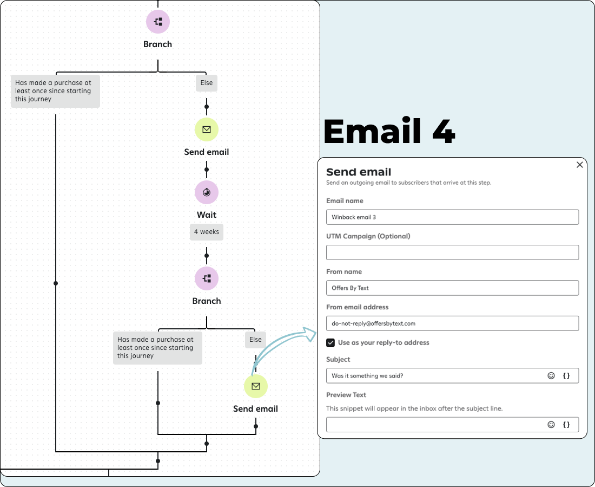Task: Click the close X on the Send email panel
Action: [580, 165]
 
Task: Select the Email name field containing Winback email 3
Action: [452, 217]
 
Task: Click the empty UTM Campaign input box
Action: [452, 252]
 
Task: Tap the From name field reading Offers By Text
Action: [452, 288]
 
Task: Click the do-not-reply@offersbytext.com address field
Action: [452, 323]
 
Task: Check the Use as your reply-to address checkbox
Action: [330, 343]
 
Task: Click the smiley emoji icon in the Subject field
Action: [551, 375]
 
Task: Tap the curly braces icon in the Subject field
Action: [566, 375]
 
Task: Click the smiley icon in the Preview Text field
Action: [551, 425]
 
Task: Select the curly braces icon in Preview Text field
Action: [566, 425]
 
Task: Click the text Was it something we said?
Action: [367, 376]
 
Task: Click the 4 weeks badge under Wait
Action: [207, 232]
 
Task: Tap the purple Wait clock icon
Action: [207, 192]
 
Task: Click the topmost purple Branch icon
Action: [158, 22]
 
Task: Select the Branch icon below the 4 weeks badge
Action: [207, 278]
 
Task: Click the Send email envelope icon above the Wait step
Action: [207, 129]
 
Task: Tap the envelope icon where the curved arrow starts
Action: [256, 386]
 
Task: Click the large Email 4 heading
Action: [389, 131]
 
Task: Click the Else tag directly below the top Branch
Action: [207, 83]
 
